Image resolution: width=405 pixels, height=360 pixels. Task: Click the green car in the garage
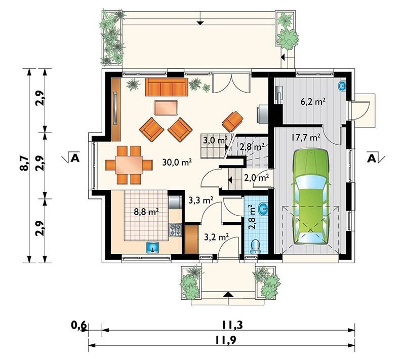pyautogui.click(x=311, y=196)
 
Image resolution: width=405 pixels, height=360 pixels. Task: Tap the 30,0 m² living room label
pyautogui.click(x=177, y=162)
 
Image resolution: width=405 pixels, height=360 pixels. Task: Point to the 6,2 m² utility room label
pyautogui.click(x=313, y=101)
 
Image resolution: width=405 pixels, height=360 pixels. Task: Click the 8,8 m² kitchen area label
pyautogui.click(x=146, y=212)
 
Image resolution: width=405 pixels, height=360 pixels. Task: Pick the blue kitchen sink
pyautogui.click(x=153, y=248)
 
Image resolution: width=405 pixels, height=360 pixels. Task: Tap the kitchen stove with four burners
pyautogui.click(x=175, y=230)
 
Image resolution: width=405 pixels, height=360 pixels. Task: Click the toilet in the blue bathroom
pyautogui.click(x=256, y=247)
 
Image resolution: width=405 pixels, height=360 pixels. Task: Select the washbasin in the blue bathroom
pyautogui.click(x=263, y=209)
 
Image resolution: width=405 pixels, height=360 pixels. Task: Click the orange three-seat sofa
pyautogui.click(x=167, y=87)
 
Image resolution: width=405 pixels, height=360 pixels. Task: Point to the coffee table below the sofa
pyautogui.click(x=166, y=108)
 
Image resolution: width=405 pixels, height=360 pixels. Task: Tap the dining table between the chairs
pyautogui.click(x=129, y=165)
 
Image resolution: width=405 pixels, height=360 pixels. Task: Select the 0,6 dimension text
pyautogui.click(x=79, y=325)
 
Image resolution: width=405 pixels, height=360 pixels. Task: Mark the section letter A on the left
pyautogui.click(x=75, y=157)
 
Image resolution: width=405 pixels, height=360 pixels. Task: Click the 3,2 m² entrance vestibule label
pyautogui.click(x=216, y=237)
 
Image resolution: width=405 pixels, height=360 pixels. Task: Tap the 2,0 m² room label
pyautogui.click(x=257, y=178)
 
